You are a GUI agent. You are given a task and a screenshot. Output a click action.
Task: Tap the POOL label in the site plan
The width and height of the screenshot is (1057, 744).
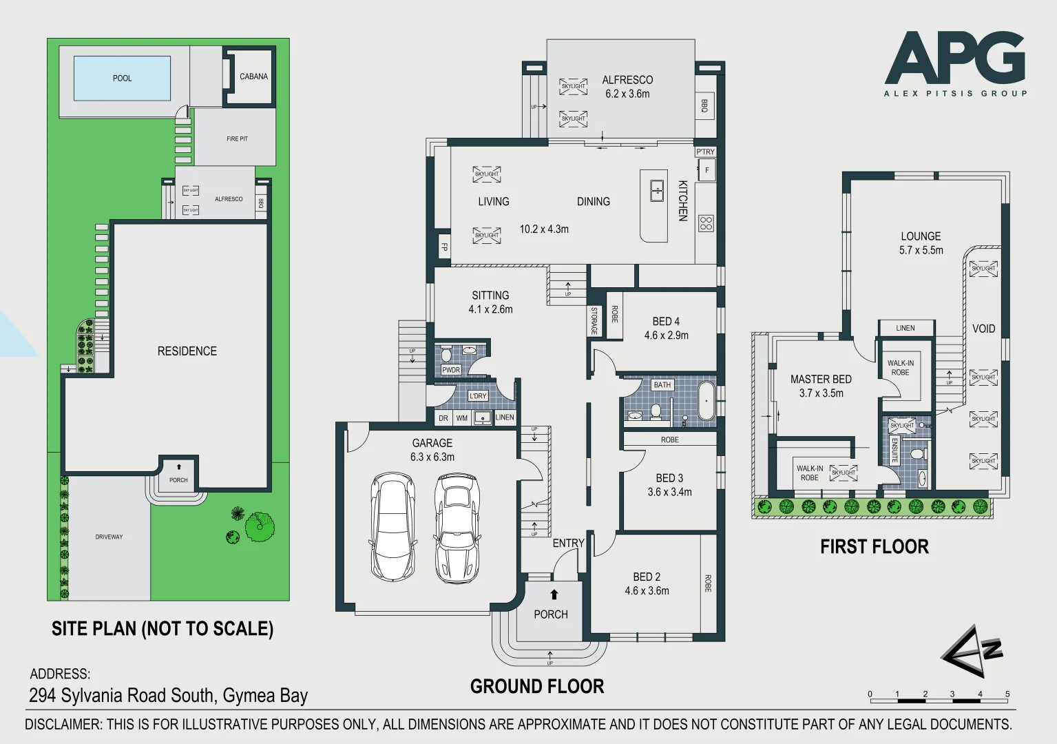pyautogui.click(x=122, y=79)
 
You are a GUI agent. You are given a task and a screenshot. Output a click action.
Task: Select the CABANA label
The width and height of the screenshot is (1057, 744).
pyautogui.click(x=253, y=76)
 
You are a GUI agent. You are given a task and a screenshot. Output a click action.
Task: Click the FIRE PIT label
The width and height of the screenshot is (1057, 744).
pyautogui.click(x=237, y=139)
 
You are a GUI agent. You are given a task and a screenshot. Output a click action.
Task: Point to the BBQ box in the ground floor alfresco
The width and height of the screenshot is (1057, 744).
pyautogui.click(x=704, y=105)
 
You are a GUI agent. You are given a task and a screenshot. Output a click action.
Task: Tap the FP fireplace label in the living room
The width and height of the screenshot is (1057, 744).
pyautogui.click(x=444, y=247)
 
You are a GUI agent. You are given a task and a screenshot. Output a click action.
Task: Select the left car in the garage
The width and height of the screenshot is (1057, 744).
pyautogui.click(x=393, y=527)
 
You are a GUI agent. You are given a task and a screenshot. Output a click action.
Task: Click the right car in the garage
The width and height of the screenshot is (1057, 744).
pyautogui.click(x=457, y=527)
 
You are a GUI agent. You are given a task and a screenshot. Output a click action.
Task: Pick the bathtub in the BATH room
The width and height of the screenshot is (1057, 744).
pyautogui.click(x=707, y=400)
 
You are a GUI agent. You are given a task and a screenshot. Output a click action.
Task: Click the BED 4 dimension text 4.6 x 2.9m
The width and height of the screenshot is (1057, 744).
pyautogui.click(x=666, y=335)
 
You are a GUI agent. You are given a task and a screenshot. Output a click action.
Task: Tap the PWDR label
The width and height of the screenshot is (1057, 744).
pyautogui.click(x=451, y=370)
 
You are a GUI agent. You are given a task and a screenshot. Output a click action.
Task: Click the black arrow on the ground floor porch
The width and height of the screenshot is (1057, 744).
pyautogui.click(x=554, y=595)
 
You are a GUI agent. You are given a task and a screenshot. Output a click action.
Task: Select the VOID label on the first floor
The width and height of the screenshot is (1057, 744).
pyautogui.click(x=983, y=329)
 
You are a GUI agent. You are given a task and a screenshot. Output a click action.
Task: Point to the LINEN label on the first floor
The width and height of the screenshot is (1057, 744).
pyautogui.click(x=905, y=328)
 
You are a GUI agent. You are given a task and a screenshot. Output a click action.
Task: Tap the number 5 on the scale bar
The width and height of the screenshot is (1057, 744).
pyautogui.click(x=1007, y=694)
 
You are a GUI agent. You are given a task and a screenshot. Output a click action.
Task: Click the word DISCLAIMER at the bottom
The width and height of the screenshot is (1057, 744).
pyautogui.click(x=63, y=725)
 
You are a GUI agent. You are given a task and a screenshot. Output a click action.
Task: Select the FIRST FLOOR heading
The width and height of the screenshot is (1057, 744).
pyautogui.click(x=874, y=547)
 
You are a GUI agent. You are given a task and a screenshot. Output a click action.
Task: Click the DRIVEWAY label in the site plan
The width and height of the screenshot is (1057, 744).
pyautogui.click(x=109, y=537)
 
